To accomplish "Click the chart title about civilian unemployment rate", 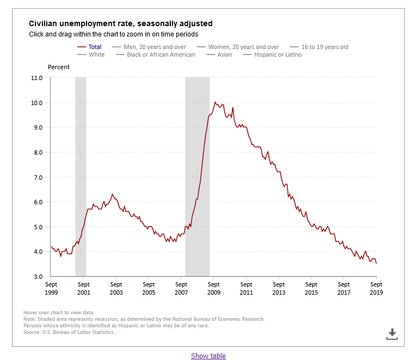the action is pos(120,23).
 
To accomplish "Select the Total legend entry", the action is pos(89,47).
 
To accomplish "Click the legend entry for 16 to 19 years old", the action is pos(319,47).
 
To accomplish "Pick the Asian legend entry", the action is pos(219,54).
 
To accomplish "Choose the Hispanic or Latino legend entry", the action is pos(272,54).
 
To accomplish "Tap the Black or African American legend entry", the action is pos(155,54).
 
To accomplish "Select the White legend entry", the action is pos(91,54).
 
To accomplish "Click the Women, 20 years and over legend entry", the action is pos(238,47).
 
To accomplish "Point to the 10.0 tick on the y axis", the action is pos(36,103).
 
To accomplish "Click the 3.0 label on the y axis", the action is pos(38,277).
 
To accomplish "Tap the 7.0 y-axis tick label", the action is pos(38,178).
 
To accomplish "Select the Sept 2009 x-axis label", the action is pos(214,288).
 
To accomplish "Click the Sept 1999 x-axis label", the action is pos(51,288).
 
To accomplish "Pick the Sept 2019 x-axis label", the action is pos(376,288).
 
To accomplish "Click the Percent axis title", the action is pos(59,67).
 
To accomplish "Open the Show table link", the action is pos(208,356).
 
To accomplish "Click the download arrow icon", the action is pos(392,334).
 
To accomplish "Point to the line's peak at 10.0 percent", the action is pos(215,102).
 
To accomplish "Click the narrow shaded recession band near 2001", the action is pos(81,176).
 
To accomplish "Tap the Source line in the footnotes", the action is pos(69,332).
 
